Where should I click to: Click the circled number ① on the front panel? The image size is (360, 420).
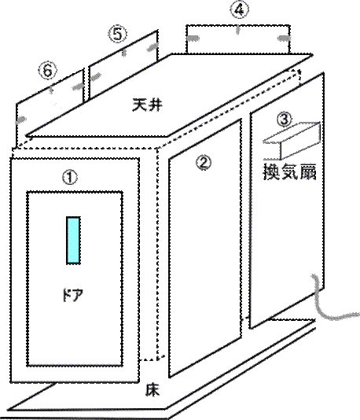click(x=70, y=178)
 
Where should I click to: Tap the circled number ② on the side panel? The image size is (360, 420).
click(x=204, y=163)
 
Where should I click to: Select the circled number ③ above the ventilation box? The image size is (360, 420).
click(x=284, y=119)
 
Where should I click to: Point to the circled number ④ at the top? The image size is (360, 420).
click(x=239, y=10)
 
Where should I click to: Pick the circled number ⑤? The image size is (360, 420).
click(x=117, y=34)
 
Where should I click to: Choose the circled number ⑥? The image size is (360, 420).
click(x=48, y=71)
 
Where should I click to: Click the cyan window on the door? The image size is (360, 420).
click(x=73, y=240)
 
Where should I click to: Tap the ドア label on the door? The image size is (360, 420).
click(x=72, y=295)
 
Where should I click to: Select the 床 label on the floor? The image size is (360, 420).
click(x=152, y=390)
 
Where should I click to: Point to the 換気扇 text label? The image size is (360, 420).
click(x=290, y=171)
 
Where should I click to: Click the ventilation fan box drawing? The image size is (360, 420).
click(x=292, y=141)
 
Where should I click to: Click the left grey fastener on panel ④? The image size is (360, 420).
click(x=193, y=39)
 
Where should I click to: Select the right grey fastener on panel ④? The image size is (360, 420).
click(x=283, y=39)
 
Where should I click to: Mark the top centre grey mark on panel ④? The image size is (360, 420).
click(x=237, y=30)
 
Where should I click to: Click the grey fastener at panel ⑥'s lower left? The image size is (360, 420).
click(x=21, y=120)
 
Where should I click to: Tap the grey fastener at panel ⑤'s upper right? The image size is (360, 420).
click(x=152, y=46)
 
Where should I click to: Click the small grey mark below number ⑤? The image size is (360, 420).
click(x=123, y=53)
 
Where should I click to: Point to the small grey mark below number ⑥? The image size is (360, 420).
click(x=51, y=90)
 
